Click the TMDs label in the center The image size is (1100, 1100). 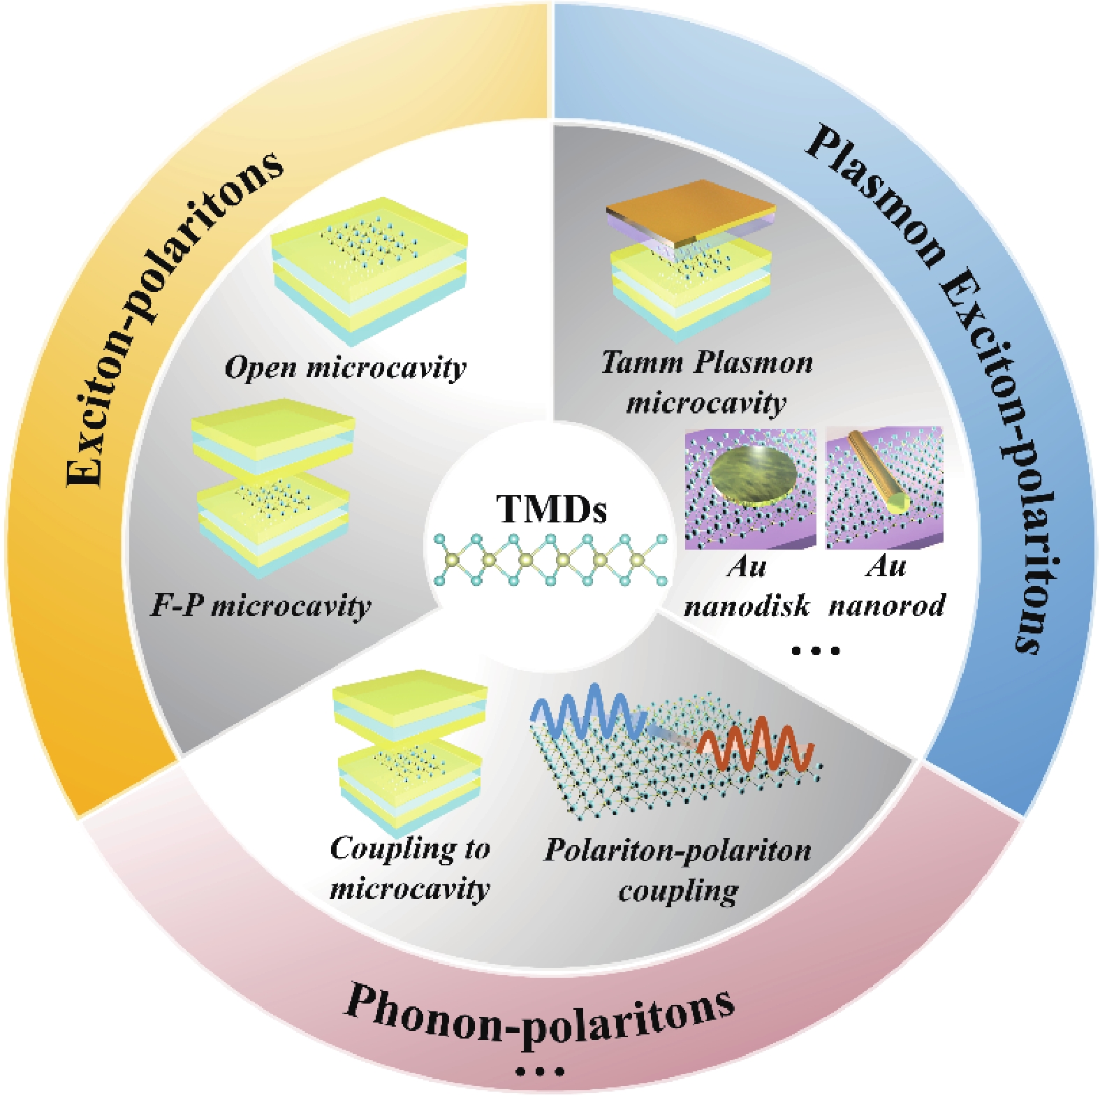551,509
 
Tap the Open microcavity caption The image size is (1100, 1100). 346,367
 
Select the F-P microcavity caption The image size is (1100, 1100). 261,606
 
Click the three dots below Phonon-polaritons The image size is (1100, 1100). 539,1071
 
